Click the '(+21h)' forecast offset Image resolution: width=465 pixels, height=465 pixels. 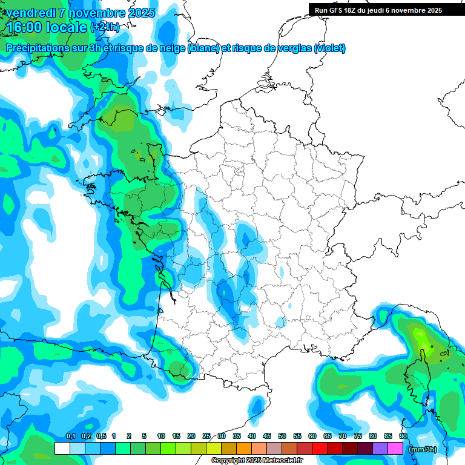pos(105,27)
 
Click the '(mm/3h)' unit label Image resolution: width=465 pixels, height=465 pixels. pos(423,449)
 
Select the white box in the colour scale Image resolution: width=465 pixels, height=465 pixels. pos(62,449)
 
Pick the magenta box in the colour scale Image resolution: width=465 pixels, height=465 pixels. pos(396,449)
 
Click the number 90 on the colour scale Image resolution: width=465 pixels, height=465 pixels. pos(403,436)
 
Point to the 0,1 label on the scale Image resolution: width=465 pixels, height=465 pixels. pos(70,436)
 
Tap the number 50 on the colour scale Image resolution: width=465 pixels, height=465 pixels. pos(282,436)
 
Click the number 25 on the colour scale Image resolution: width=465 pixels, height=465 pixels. pos(206,436)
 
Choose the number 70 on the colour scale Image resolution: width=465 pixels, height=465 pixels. pos(343,436)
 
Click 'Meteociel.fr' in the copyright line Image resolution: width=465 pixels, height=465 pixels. pos(283,461)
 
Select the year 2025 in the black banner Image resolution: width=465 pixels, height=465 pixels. pos(430,10)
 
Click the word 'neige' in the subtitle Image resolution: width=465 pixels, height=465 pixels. pos(171,48)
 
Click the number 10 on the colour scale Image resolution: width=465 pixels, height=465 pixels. pos(161,436)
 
